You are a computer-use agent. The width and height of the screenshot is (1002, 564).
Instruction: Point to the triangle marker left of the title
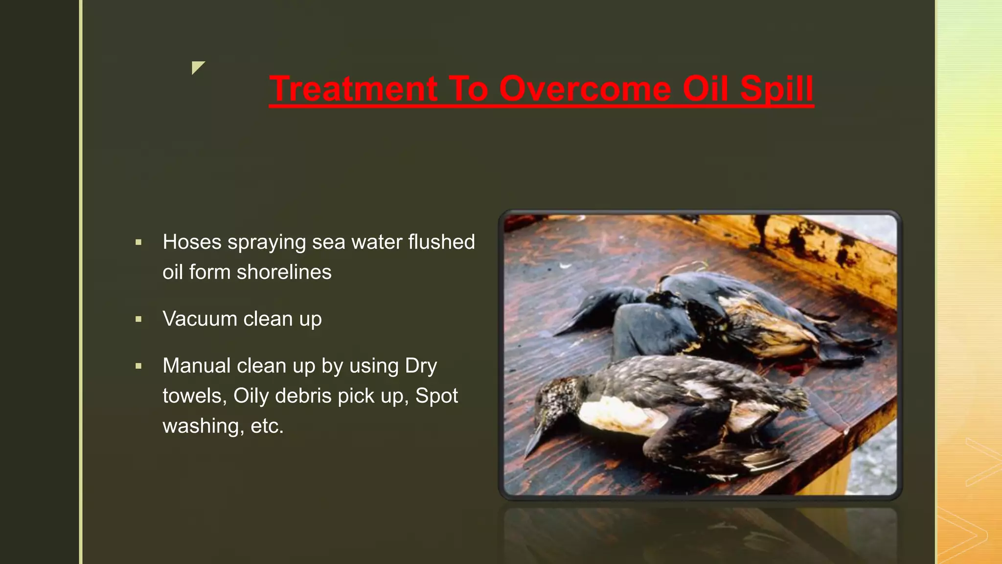coord(197,67)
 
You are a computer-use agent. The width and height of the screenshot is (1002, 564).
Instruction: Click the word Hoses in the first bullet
coord(192,242)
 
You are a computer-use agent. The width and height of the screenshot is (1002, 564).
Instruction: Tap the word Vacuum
coord(200,319)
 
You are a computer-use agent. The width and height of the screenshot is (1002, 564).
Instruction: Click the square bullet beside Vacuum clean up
coord(138,319)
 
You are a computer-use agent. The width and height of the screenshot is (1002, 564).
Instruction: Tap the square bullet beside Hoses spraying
coord(138,242)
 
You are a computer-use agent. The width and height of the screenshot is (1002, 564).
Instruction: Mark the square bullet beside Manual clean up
coord(138,366)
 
